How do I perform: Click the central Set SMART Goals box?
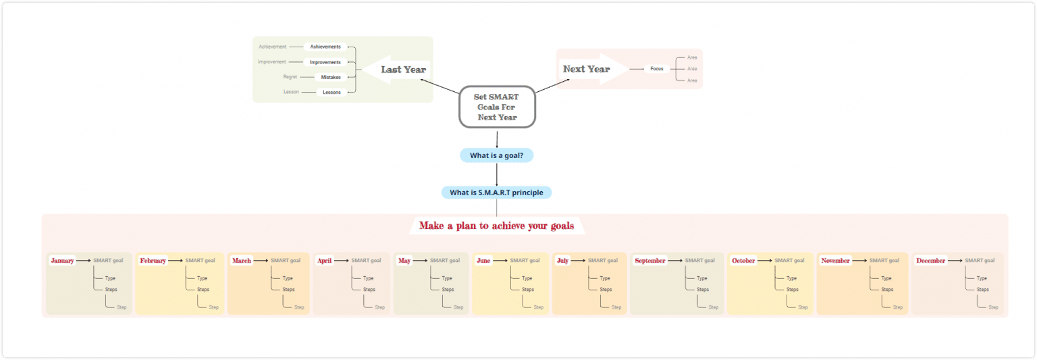click(497, 107)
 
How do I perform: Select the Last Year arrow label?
click(402, 70)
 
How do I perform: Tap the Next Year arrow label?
click(586, 69)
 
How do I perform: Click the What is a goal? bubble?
click(496, 155)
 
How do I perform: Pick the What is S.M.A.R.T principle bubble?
click(496, 192)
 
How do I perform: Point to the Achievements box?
click(325, 47)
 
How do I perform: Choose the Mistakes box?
click(331, 77)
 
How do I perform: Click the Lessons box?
click(331, 92)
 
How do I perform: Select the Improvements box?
click(325, 62)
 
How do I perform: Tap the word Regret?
click(290, 77)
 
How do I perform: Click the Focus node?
click(657, 69)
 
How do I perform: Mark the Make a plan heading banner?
click(496, 226)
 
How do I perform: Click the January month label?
click(62, 260)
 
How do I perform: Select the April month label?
click(325, 260)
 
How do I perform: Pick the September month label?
click(650, 260)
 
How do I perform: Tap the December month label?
click(930, 260)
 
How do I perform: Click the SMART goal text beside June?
click(525, 260)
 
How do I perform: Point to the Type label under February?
click(202, 278)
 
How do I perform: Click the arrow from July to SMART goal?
click(578, 260)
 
